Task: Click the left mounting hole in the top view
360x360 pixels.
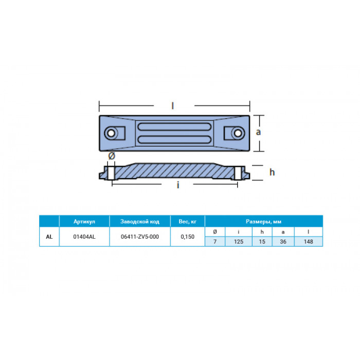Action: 111,133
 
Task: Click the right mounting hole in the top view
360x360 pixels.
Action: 238,133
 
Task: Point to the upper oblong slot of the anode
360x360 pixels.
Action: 174,127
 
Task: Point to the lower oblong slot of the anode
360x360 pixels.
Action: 174,139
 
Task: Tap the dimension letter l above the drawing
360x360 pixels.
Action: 173,106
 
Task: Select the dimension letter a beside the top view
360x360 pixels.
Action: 258,132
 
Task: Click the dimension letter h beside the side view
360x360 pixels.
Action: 272,172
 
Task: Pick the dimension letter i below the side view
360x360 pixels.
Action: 178,185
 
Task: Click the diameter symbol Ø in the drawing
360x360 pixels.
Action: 112,156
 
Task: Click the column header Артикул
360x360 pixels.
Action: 84,222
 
